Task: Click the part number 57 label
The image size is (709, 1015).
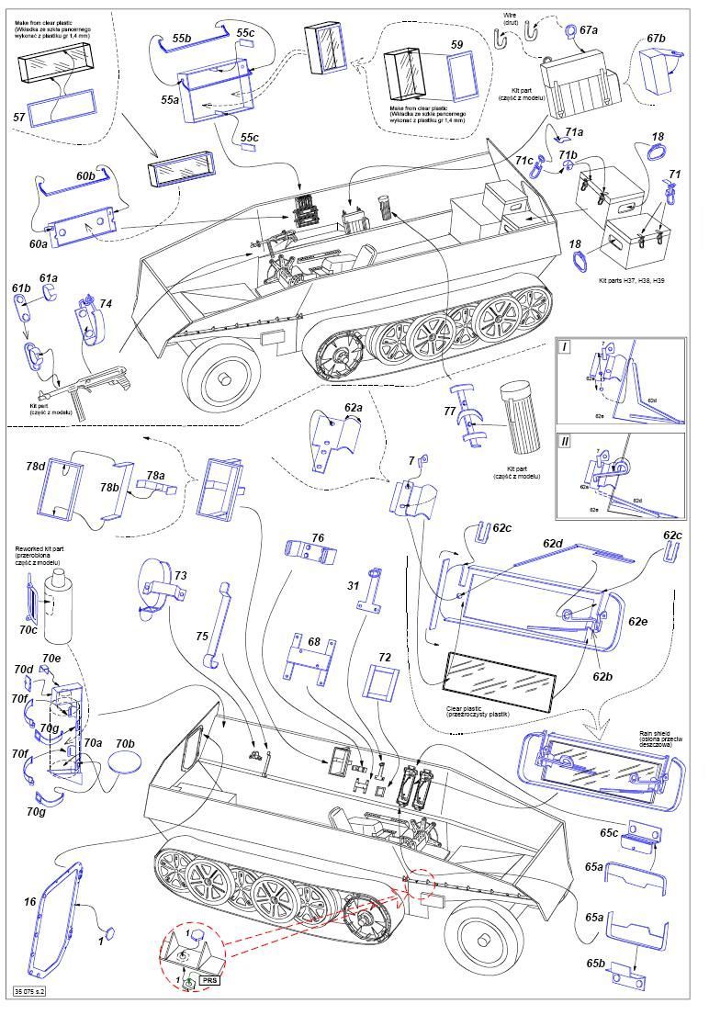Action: pyautogui.click(x=19, y=118)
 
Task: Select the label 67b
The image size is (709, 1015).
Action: pyautogui.click(x=655, y=39)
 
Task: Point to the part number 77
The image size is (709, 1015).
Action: pyautogui.click(x=449, y=411)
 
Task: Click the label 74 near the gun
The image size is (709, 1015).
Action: pyautogui.click(x=106, y=303)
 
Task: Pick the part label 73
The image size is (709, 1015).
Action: pyautogui.click(x=181, y=575)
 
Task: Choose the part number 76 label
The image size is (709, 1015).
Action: pyautogui.click(x=318, y=538)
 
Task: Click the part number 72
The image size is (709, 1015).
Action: pyautogui.click(x=385, y=658)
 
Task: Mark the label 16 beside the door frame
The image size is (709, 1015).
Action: pyautogui.click(x=30, y=903)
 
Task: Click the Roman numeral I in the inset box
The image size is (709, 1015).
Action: pyautogui.click(x=567, y=348)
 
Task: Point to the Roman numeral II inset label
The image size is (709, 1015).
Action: pyautogui.click(x=567, y=441)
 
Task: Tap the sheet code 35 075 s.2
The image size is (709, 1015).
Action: pyautogui.click(x=30, y=991)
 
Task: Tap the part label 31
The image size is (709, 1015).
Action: pyautogui.click(x=354, y=585)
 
